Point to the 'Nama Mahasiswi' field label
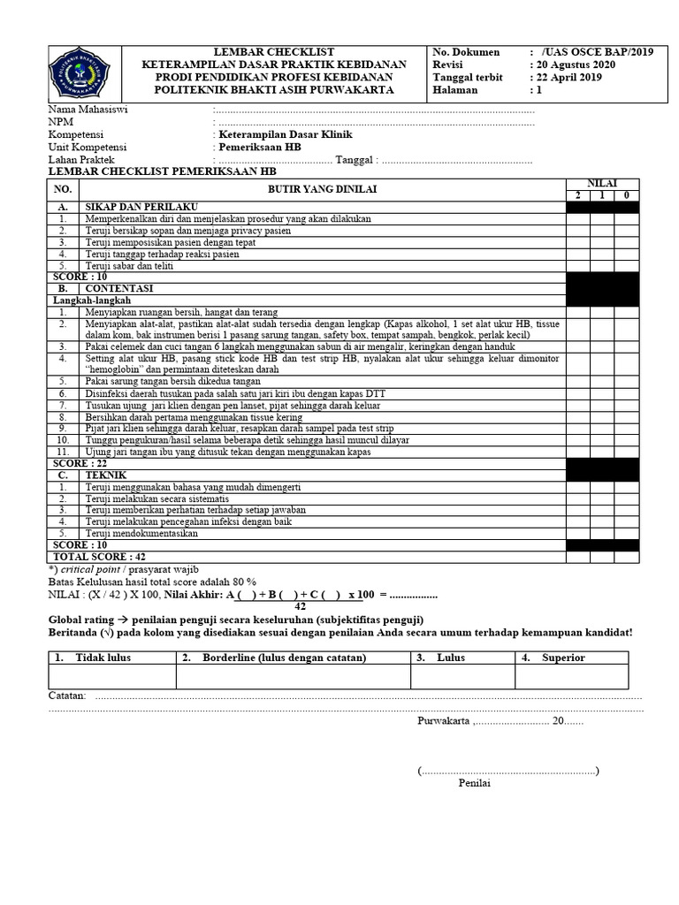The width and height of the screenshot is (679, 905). coord(85,110)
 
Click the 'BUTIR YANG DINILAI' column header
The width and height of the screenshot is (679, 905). coord(322,189)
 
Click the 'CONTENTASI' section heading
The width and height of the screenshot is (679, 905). coord(119,288)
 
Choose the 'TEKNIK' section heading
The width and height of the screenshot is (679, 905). coord(107,475)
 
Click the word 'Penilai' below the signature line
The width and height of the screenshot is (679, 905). coord(474,783)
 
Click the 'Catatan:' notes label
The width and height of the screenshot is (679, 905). coord(67,696)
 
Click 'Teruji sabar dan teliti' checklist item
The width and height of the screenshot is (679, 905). coord(129,265)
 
